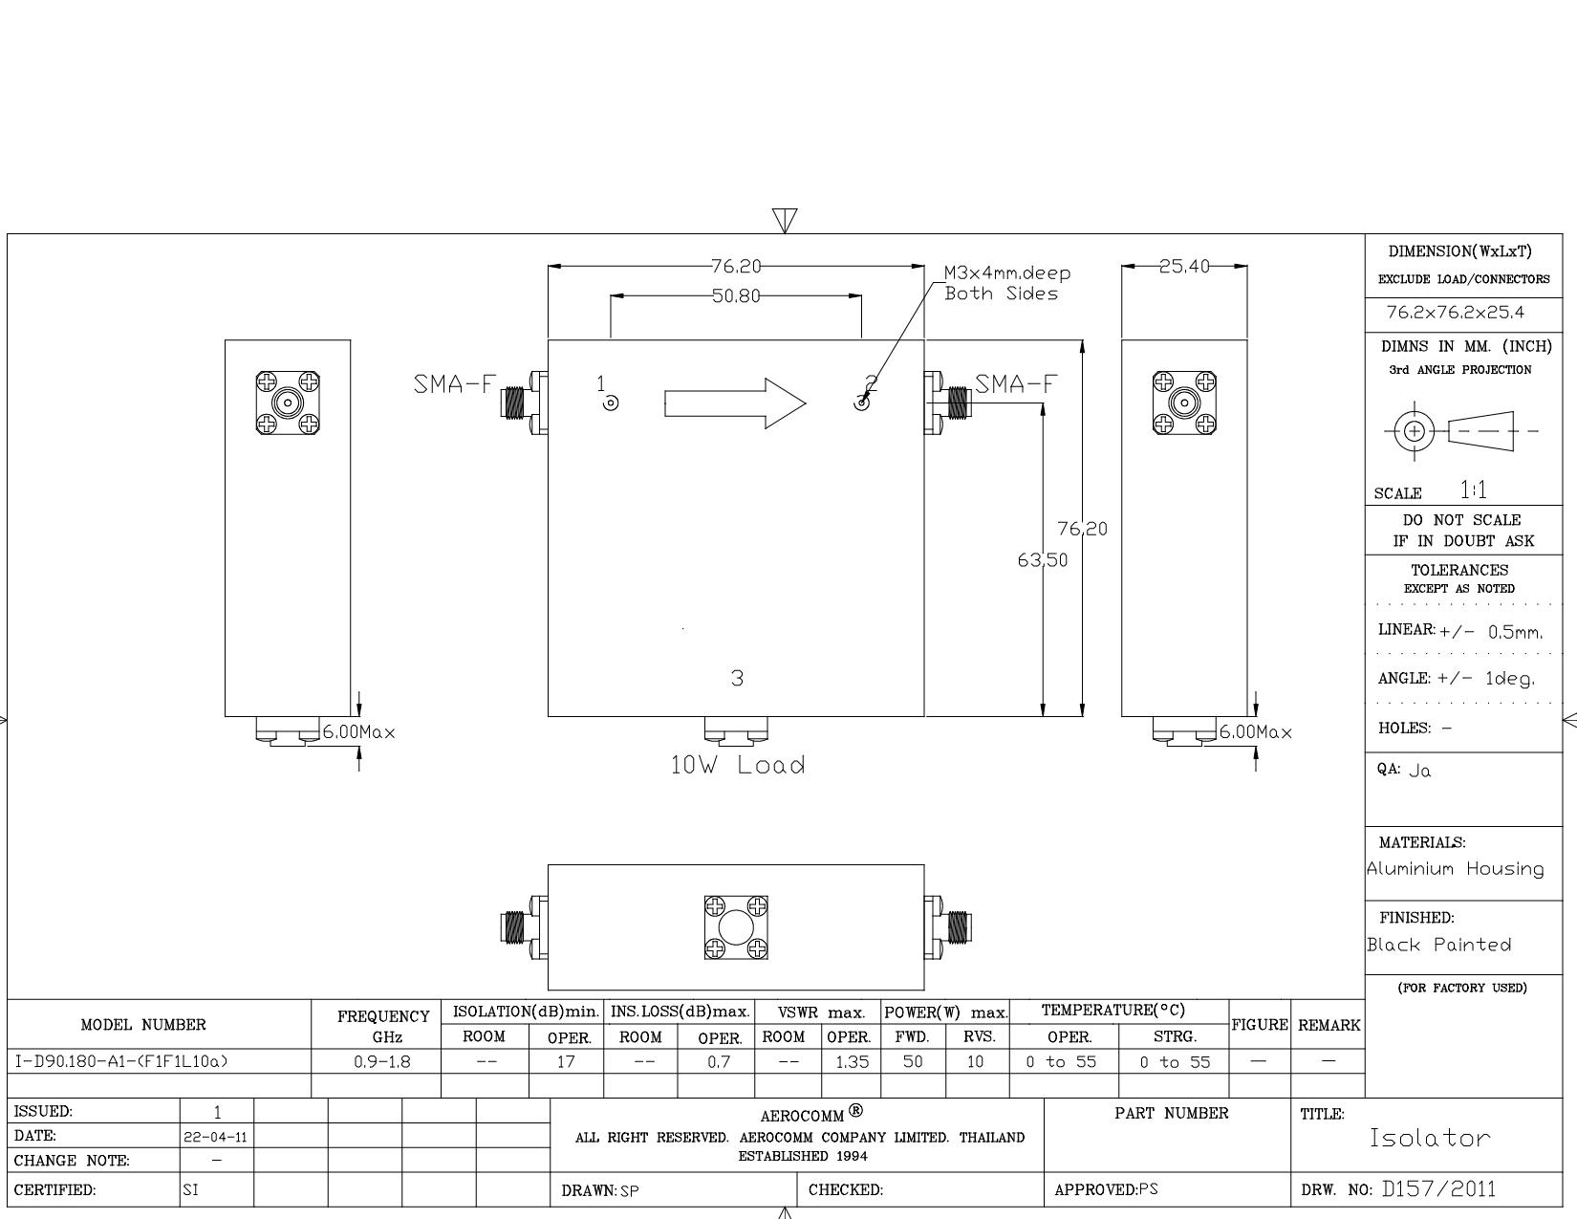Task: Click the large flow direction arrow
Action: coord(734,403)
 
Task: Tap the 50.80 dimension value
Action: coord(736,296)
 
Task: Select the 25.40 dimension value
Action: coord(1183,267)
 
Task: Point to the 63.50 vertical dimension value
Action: coord(1042,559)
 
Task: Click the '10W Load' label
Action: coord(737,765)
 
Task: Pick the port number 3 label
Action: coord(737,678)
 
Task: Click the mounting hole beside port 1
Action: coord(611,403)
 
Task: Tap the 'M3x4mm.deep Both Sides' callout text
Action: coord(1006,283)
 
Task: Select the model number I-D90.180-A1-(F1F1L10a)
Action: coord(121,1061)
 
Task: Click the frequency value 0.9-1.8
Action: coord(382,1062)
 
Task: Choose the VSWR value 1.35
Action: coord(852,1062)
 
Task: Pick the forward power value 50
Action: coord(913,1061)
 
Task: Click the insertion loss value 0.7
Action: coord(719,1062)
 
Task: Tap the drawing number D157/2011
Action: coord(1438,1189)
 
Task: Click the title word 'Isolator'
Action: coord(1430,1138)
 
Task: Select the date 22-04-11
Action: coord(216,1137)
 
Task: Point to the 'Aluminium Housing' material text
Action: coord(1455,869)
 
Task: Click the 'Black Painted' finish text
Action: coord(1439,945)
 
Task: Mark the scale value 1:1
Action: coord(1473,490)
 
